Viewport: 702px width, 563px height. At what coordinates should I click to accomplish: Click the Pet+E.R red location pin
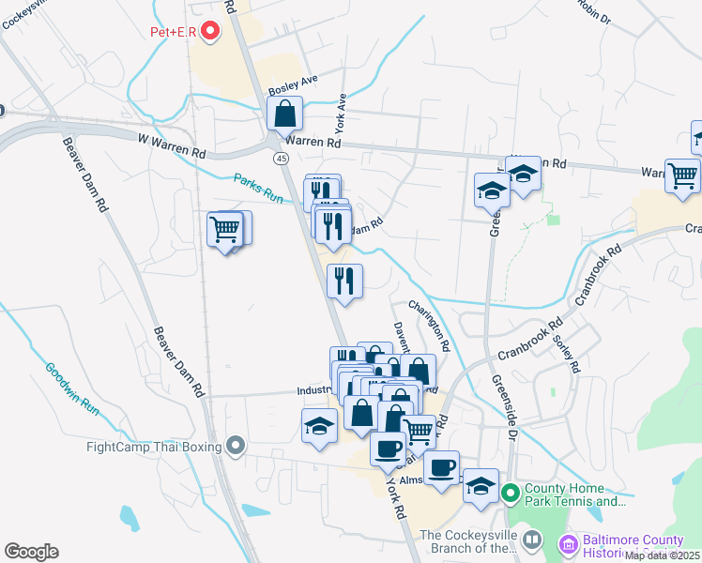(x=210, y=32)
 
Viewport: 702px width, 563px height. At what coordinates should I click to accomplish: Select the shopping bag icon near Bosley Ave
(x=284, y=114)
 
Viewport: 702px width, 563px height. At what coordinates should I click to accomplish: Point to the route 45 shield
(x=282, y=160)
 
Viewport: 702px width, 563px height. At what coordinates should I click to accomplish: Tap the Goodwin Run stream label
(x=72, y=388)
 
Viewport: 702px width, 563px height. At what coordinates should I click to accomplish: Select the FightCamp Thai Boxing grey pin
(x=236, y=445)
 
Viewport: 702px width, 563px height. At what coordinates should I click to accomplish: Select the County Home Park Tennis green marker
(x=510, y=492)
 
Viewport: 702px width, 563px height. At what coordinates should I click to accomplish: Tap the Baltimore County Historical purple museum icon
(x=567, y=543)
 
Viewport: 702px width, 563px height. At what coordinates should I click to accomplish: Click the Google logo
(x=31, y=552)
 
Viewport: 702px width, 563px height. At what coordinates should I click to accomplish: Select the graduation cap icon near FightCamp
(x=319, y=425)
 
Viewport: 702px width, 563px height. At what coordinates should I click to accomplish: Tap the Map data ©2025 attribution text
(x=663, y=555)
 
